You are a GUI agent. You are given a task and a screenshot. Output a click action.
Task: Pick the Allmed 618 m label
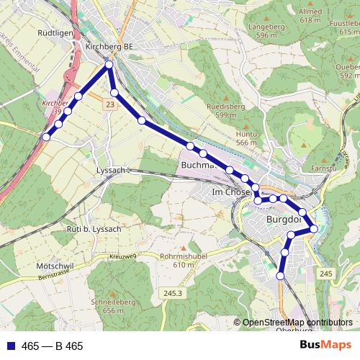click(x=310, y=17)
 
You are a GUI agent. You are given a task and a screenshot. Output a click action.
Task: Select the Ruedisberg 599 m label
click(x=221, y=111)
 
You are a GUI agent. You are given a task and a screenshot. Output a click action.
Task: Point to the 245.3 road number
click(x=174, y=293)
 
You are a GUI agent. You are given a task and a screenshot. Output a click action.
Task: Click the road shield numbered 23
click(x=109, y=105)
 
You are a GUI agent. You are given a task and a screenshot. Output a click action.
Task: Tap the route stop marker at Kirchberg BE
click(x=109, y=66)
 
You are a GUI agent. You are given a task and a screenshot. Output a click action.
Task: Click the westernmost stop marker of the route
click(x=46, y=137)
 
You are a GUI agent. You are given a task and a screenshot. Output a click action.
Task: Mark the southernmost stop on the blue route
click(x=281, y=275)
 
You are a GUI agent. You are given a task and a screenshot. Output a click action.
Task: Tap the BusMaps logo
click(x=326, y=346)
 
